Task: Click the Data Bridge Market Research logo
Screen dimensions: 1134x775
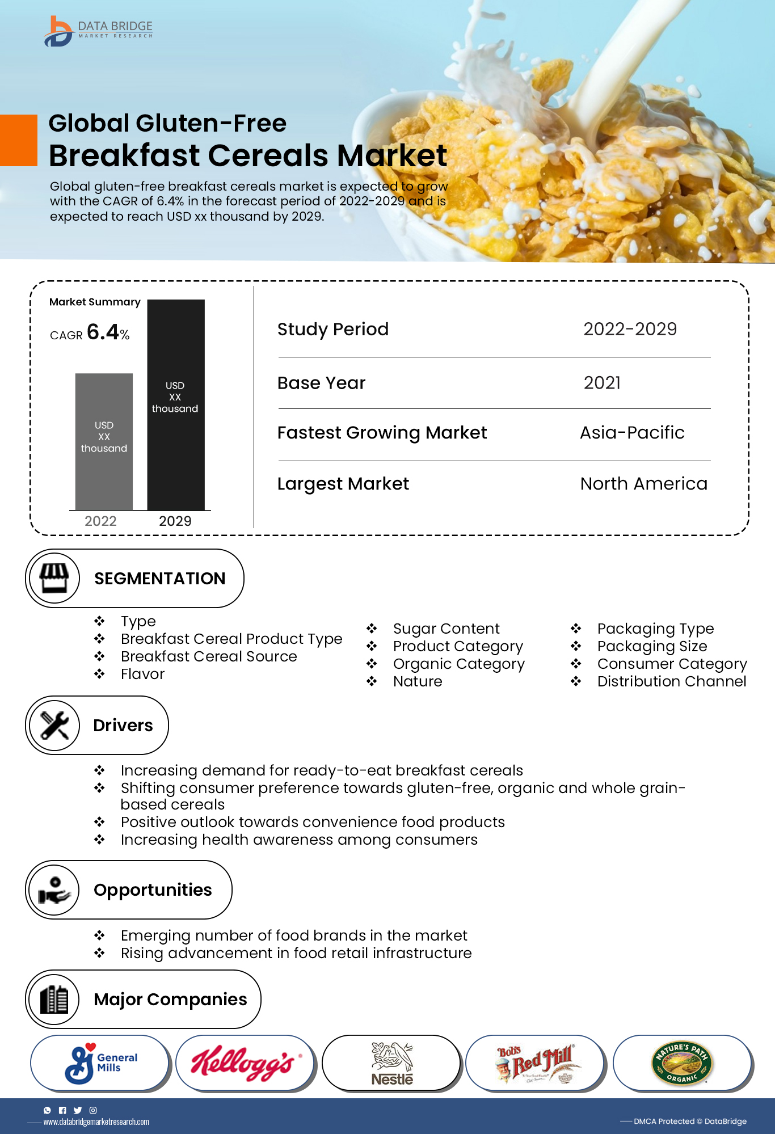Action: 98,31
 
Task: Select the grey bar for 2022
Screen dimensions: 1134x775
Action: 104,441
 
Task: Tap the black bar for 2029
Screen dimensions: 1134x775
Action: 176,404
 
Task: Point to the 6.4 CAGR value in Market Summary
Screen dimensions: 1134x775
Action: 103,332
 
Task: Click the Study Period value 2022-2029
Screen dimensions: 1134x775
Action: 630,329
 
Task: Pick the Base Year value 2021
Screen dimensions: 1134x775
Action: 602,383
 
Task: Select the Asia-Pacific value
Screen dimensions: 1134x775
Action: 632,433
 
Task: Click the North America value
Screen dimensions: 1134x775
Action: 643,484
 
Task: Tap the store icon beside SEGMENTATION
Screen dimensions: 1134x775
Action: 54,578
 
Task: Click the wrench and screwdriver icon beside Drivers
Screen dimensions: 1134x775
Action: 54,725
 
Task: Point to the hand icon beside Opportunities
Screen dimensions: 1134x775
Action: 54,890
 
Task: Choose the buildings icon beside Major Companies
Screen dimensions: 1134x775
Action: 54,999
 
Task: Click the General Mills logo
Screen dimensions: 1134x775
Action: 101,1063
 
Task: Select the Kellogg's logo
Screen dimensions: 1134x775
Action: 245,1063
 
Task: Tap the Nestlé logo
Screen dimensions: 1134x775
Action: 391,1063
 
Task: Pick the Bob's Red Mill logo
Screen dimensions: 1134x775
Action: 536,1063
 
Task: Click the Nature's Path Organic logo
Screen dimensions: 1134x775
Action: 682,1063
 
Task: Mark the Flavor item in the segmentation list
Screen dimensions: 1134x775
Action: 142,674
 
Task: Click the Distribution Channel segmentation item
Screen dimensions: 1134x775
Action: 672,681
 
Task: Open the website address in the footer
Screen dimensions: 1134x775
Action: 96,1122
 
